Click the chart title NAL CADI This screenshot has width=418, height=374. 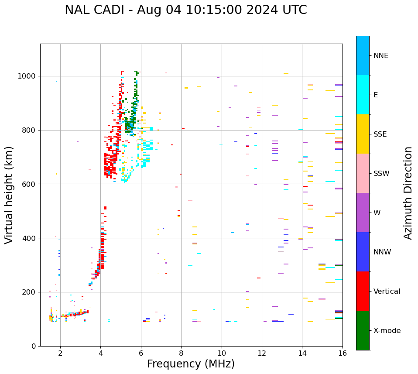185,10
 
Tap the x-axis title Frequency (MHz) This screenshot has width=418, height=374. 191,364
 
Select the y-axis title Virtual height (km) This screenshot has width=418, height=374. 9,195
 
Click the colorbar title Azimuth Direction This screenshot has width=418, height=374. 408,192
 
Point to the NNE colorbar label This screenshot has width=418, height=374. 380,56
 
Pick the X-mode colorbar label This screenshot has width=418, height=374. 387,331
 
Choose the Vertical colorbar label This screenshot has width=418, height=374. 387,292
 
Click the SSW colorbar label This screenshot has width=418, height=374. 381,174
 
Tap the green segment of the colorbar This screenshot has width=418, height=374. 363,330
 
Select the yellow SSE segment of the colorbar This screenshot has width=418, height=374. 363,134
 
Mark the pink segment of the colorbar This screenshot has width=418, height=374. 363,173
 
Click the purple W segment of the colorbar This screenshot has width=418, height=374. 363,213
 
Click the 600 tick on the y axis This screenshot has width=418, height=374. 30,184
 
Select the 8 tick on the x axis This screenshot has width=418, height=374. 181,353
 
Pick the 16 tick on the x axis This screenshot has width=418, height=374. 343,353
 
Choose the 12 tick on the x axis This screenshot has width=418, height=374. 262,353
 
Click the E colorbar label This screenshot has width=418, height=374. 376,95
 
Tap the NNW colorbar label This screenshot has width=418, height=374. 382,252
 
